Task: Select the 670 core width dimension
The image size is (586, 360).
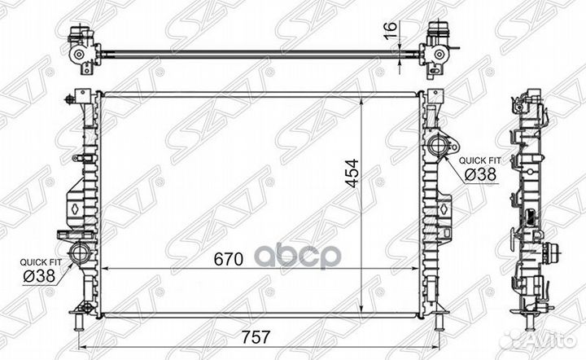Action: (x=229, y=259)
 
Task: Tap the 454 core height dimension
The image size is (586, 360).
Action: (x=352, y=173)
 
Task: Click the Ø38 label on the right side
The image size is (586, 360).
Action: (x=481, y=174)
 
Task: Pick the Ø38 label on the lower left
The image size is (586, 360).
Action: (x=39, y=276)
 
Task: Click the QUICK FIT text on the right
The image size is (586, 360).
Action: (x=479, y=160)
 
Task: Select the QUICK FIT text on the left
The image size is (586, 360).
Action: (x=41, y=262)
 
